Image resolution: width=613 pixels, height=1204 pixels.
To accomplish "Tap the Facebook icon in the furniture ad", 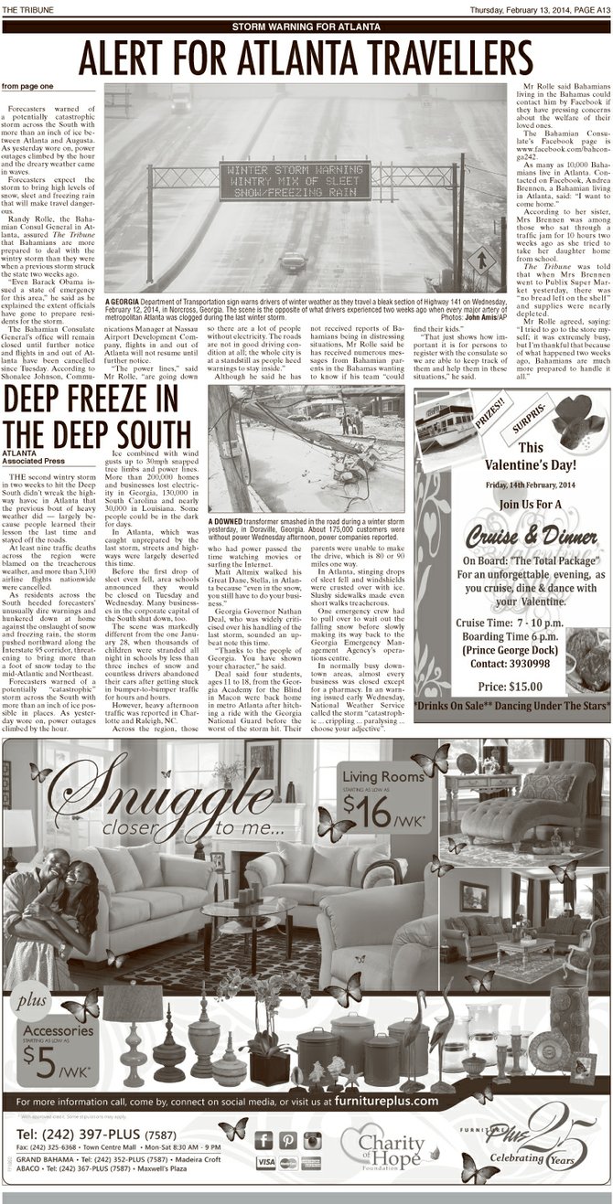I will tap(264, 1139).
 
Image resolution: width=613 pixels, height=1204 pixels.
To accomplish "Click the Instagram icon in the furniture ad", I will tap(312, 1139).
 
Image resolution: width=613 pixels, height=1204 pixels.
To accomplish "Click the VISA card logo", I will tap(266, 1162).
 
